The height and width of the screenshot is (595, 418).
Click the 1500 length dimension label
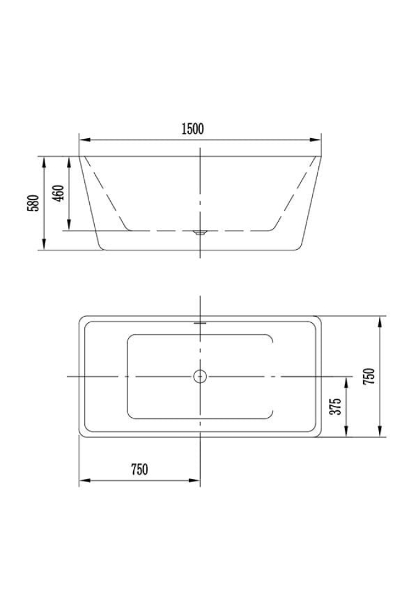(193, 129)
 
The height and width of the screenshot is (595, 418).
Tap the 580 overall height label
(33, 203)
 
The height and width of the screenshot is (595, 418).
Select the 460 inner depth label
(58, 193)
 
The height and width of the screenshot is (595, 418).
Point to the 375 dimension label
(335, 407)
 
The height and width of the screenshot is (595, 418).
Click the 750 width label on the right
(368, 376)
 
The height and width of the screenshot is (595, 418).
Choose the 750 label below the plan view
(139, 469)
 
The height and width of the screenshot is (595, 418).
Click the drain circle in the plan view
(200, 376)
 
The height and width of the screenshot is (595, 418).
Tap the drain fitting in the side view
(200, 232)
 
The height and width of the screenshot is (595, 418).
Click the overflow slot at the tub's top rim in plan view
(200, 324)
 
